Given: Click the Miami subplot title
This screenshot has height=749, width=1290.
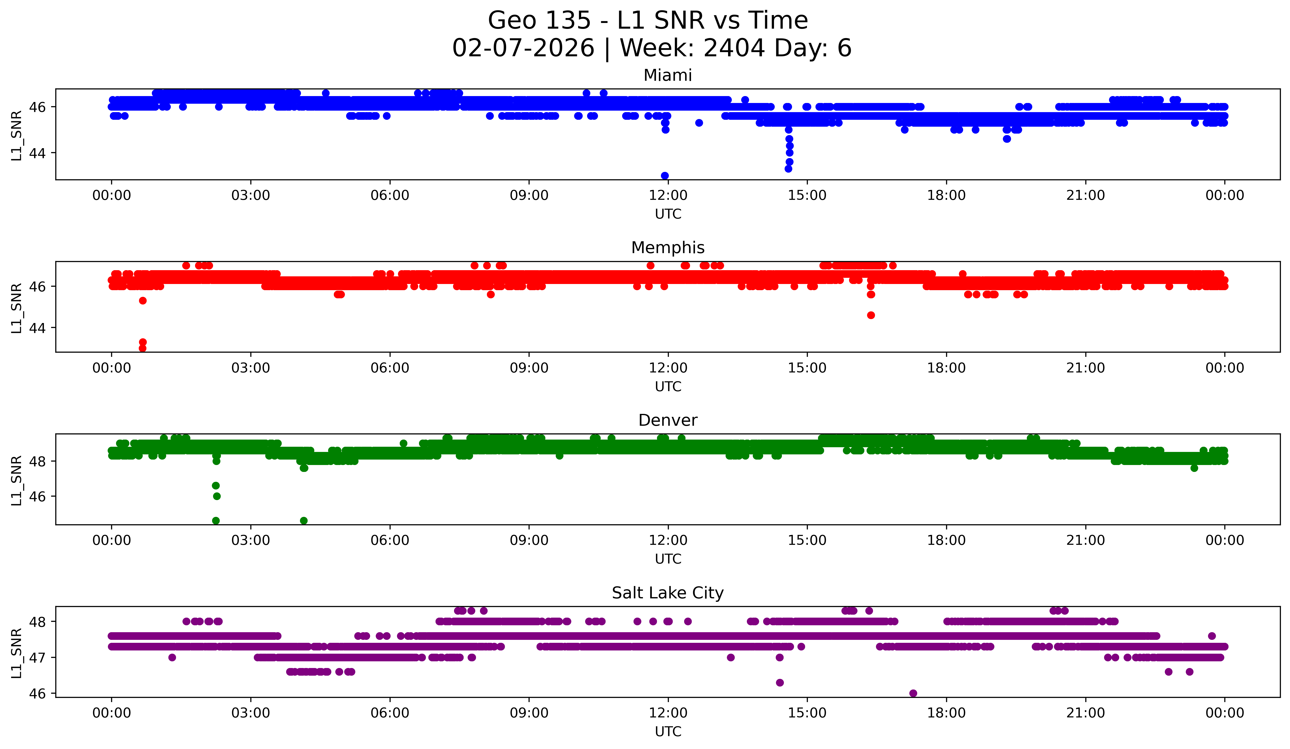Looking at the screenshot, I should (x=668, y=75).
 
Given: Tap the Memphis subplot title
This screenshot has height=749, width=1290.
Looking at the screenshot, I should (x=668, y=248).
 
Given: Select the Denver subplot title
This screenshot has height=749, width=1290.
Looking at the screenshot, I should (x=668, y=420).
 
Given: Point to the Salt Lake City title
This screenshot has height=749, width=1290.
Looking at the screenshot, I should (x=668, y=593).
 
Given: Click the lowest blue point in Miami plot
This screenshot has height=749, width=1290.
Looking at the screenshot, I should (x=664, y=176).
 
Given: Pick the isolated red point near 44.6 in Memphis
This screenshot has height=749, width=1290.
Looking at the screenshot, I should (x=871, y=315).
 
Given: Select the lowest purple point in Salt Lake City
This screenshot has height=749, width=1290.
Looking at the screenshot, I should (x=913, y=693).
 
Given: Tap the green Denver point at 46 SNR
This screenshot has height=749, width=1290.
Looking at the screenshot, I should (x=217, y=496).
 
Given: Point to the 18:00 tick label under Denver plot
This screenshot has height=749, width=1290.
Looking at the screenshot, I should (x=946, y=541).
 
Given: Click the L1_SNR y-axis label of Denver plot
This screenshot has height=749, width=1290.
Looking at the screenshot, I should (x=16, y=480).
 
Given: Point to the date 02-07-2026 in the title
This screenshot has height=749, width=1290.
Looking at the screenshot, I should (x=523, y=48).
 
